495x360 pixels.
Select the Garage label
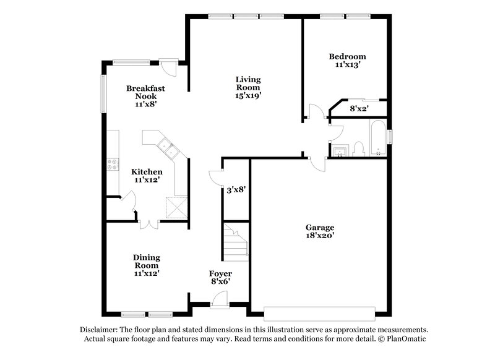coord(319,227)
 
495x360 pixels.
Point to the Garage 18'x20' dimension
coord(319,236)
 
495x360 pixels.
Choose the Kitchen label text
coord(147,171)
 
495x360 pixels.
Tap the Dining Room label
coord(147,262)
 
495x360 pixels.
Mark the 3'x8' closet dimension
coord(236,190)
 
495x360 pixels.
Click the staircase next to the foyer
coord(235,242)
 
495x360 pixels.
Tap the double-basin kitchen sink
coord(166,147)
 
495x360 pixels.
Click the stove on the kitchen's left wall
coord(113,164)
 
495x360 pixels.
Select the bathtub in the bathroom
coord(377,139)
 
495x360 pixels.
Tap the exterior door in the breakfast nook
coord(168,65)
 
